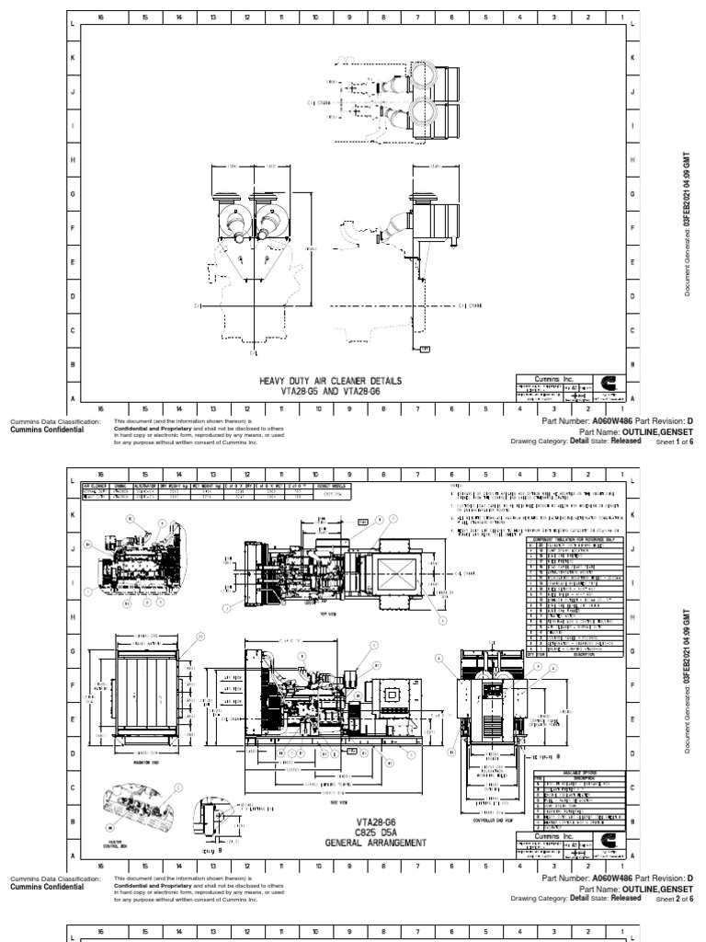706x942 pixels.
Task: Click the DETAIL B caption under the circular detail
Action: (212, 850)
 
